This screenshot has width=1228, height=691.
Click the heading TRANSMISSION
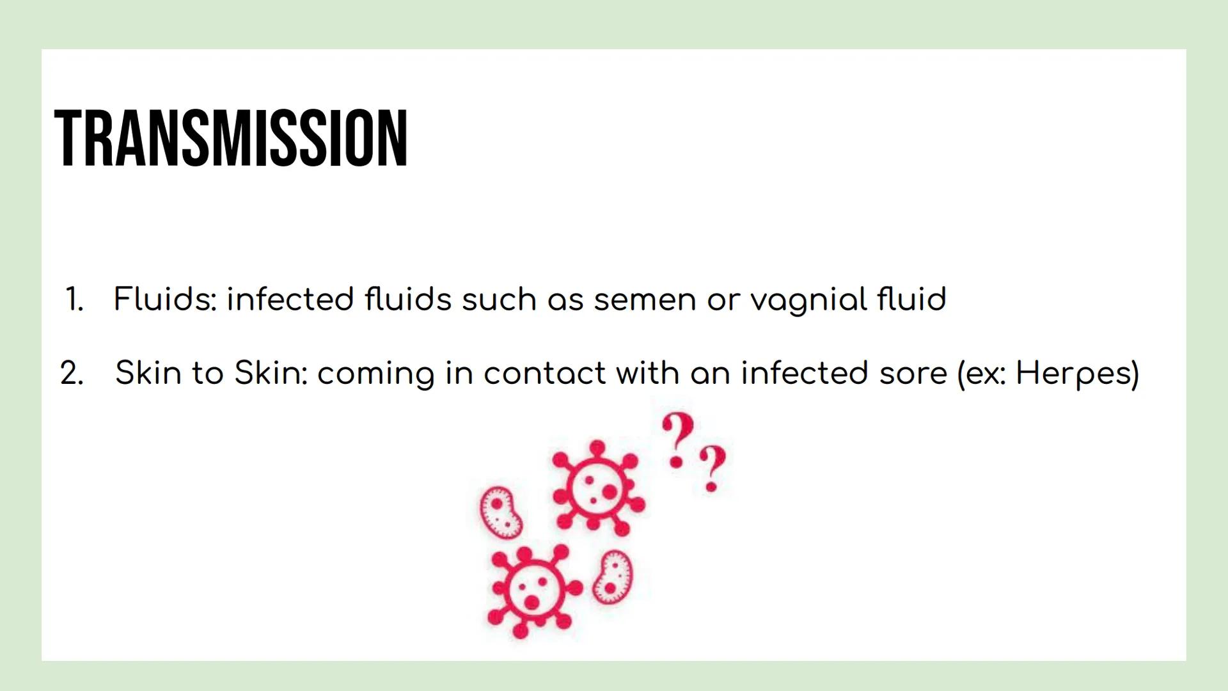[231, 138]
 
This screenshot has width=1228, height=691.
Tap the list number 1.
[74, 299]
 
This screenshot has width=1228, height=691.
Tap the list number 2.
[72, 373]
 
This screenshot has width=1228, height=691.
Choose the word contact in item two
[544, 374]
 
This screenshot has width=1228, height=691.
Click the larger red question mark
[677, 440]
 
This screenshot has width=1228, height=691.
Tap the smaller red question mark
[712, 468]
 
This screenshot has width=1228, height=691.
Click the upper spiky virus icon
[597, 488]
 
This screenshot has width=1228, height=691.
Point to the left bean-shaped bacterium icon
[501, 512]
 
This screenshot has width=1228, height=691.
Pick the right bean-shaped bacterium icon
[612, 577]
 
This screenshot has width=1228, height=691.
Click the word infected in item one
[290, 299]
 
